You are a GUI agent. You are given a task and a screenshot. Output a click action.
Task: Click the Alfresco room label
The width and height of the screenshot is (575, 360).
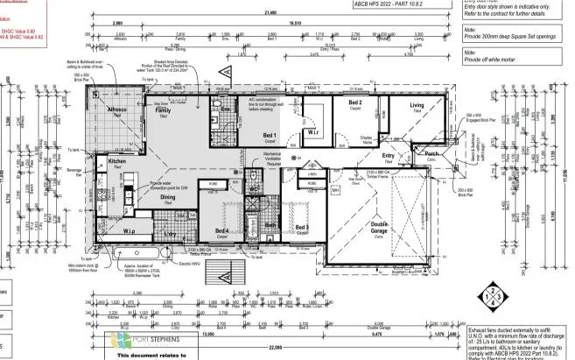(x=117, y=109)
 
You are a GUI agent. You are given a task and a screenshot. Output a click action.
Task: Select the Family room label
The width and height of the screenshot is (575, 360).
(x=163, y=111)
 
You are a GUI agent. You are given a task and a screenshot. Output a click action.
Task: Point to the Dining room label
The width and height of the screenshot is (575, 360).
(x=167, y=197)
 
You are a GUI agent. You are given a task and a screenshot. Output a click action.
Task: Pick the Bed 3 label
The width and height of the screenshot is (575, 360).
(x=301, y=227)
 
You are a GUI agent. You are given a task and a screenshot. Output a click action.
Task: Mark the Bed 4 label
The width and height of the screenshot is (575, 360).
(x=222, y=231)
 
